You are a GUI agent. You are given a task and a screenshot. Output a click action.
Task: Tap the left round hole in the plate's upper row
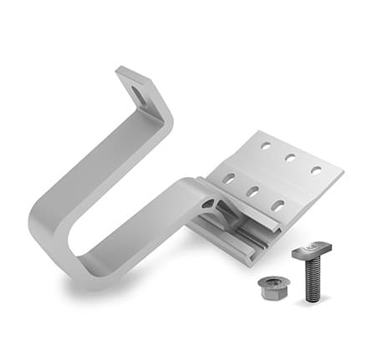click(264, 147)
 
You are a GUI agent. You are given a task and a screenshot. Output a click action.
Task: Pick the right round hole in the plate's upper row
click(316, 170)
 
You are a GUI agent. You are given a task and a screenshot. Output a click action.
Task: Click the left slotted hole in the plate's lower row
click(227, 178)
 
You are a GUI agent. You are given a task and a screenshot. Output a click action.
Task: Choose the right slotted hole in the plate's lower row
click(278, 204)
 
